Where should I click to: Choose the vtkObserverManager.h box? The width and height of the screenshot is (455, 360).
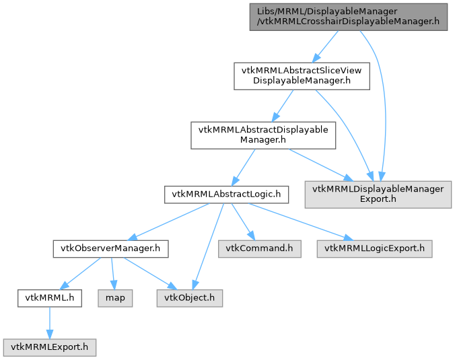(x=110, y=249)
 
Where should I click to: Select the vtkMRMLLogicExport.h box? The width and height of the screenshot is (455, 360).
(x=375, y=249)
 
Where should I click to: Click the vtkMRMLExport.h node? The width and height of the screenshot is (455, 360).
(x=50, y=347)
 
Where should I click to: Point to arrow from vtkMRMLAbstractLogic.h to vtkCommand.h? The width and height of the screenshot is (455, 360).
(x=242, y=221)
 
